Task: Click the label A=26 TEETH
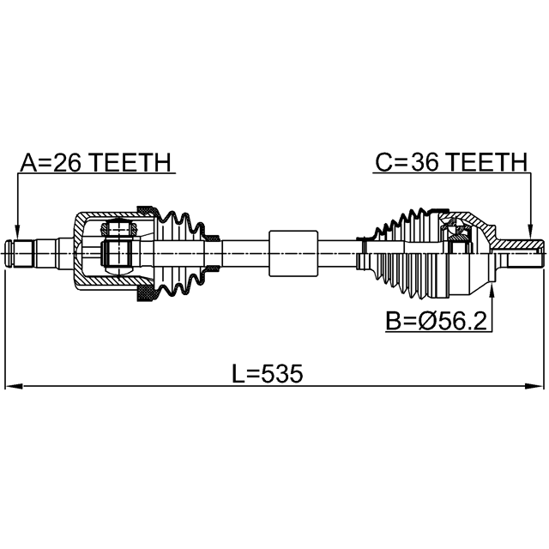(x=95, y=162)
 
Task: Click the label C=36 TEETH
(x=451, y=162)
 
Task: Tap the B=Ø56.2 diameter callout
(x=436, y=321)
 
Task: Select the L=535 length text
(x=268, y=373)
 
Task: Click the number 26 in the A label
(x=68, y=162)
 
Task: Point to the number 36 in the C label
(x=425, y=162)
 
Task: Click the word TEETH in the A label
(x=131, y=162)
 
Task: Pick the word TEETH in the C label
(x=487, y=162)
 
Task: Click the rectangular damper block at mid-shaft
(x=293, y=253)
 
